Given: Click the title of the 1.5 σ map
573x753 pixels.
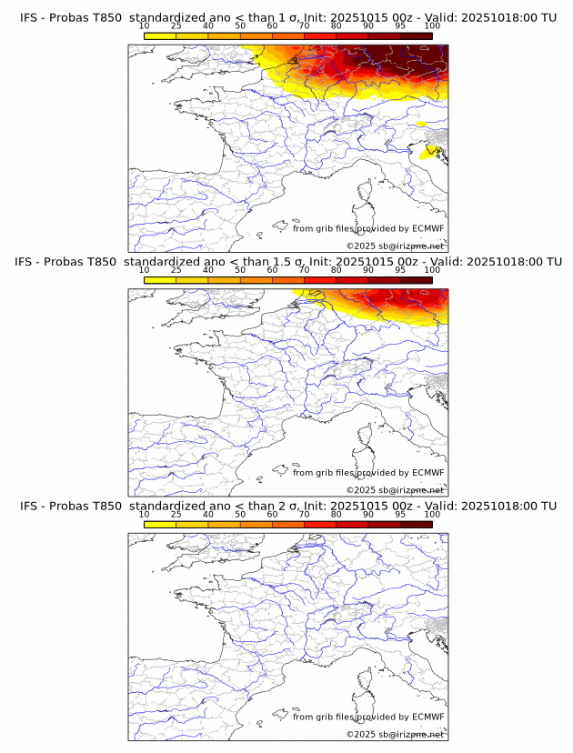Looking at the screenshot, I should [x=287, y=261].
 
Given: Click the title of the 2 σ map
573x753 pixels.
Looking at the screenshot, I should [x=287, y=506].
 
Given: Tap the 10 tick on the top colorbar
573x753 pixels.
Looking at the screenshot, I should [x=145, y=26].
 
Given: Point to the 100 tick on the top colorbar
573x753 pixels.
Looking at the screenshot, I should [x=432, y=26].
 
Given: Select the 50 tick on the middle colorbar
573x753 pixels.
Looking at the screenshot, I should [x=240, y=271].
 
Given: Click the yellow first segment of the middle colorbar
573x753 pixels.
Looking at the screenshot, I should [x=160, y=280].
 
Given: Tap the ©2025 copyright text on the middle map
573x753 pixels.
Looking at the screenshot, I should [x=395, y=490].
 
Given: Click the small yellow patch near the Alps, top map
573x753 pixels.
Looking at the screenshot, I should [x=420, y=124].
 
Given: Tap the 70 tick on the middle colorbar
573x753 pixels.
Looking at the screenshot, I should [x=304, y=271].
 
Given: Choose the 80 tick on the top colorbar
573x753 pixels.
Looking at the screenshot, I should [x=337, y=26].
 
